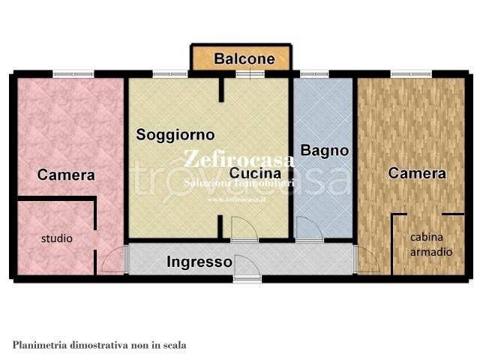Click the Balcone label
244,58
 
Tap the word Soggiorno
175,135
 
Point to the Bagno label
325,150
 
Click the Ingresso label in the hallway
199,262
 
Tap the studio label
56,238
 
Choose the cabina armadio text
431,244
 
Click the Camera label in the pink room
66,175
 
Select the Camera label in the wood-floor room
417,173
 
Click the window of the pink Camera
73,73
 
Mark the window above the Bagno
309,73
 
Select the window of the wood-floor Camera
411,73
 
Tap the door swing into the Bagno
307,228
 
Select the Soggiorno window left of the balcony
165,73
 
